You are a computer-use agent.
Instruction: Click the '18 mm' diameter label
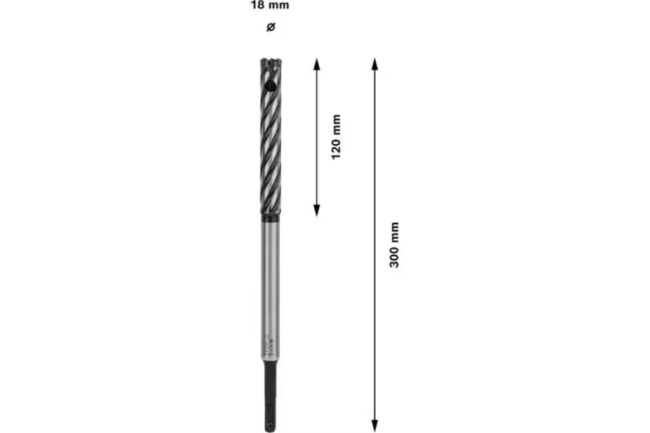pos(270,6)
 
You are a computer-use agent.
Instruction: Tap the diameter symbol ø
pos(270,27)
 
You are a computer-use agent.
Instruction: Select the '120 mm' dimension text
pos(336,137)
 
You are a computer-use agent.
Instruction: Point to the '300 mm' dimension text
pos(394,245)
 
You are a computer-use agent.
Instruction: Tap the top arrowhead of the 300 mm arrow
pos(375,62)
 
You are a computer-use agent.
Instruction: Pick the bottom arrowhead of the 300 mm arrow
pos(375,426)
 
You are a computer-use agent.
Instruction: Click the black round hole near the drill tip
pos(269,84)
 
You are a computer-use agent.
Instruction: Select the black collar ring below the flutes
pos(270,218)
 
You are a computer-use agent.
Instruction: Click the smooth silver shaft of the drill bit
pos(270,279)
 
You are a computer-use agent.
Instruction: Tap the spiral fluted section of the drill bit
pos(270,146)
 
